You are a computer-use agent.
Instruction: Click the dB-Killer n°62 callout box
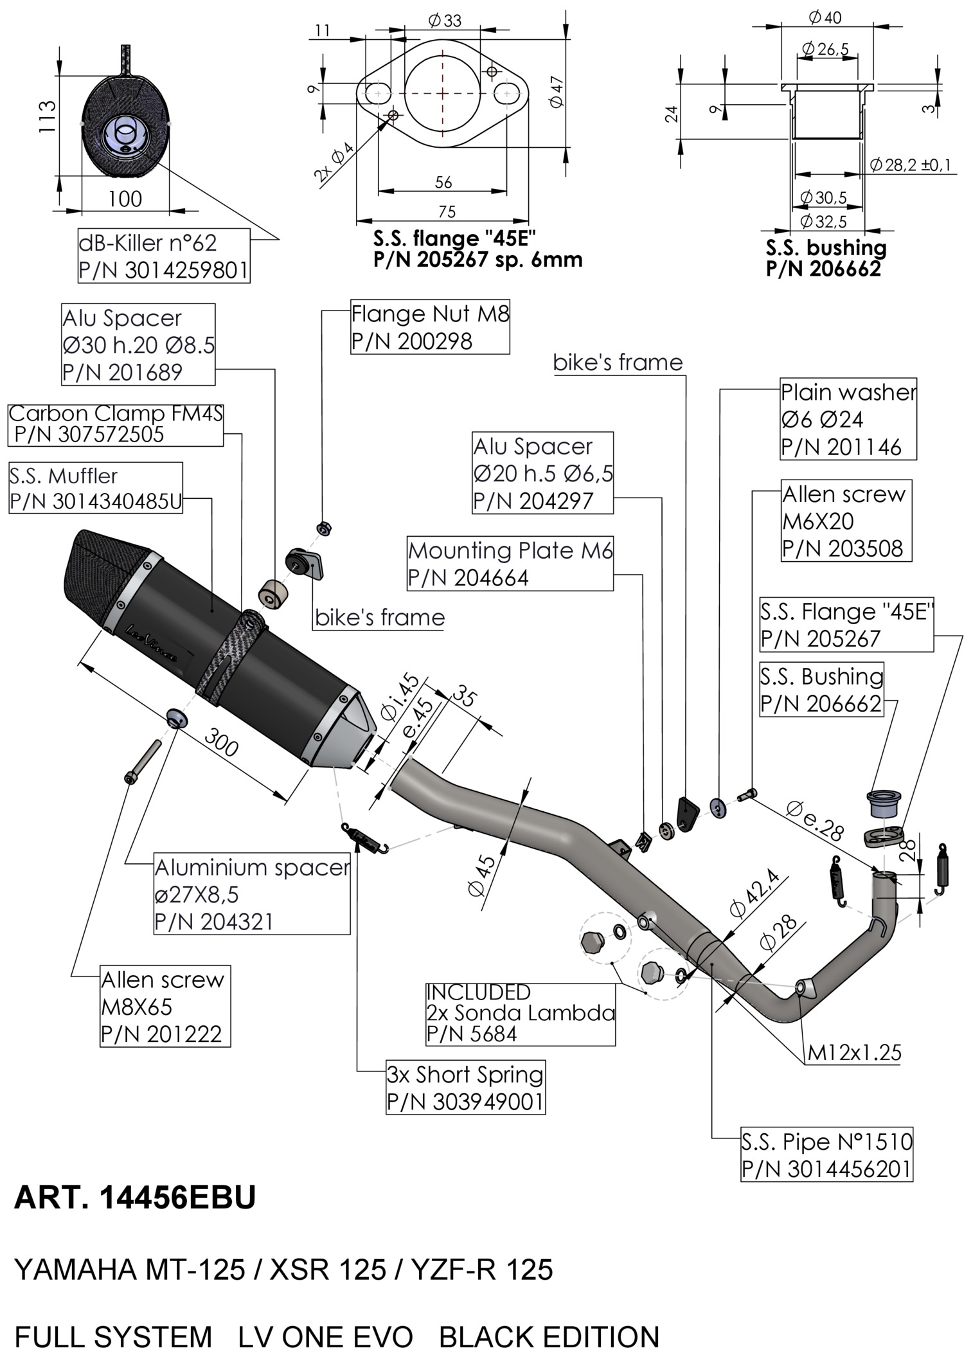point(163,256)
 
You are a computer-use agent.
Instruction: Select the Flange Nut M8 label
point(430,327)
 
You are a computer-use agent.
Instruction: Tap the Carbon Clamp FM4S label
point(116,424)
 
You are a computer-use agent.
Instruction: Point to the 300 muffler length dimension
point(221,745)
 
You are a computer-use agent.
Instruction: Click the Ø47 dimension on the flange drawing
point(557,92)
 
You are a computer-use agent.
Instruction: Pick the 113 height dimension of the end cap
point(47,116)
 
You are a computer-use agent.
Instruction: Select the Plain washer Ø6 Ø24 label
point(848,419)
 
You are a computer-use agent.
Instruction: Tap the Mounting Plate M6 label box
point(510,564)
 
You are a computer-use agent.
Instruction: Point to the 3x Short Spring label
point(465,1087)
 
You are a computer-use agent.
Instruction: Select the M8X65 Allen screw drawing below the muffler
point(141,762)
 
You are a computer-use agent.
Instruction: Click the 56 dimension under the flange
point(443,183)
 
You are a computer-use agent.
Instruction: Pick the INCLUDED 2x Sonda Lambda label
point(520,1012)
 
